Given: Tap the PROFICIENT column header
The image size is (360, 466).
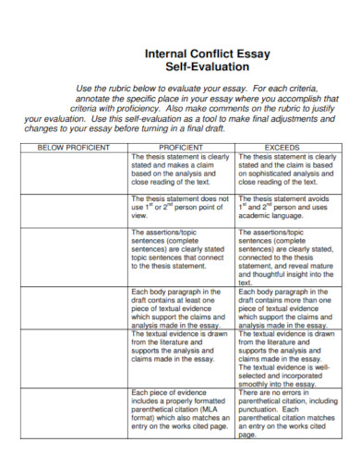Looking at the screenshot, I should (x=181, y=147).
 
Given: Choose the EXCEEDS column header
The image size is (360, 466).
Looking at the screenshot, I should (x=286, y=147).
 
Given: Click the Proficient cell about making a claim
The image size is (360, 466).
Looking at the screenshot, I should (x=181, y=170).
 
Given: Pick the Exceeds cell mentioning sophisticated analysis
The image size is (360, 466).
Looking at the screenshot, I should (x=286, y=170).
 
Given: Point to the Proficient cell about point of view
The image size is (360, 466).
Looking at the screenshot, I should (x=181, y=208).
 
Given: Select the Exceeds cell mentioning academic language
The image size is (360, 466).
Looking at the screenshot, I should (x=286, y=208).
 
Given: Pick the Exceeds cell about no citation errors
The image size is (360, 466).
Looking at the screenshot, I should (x=286, y=412).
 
